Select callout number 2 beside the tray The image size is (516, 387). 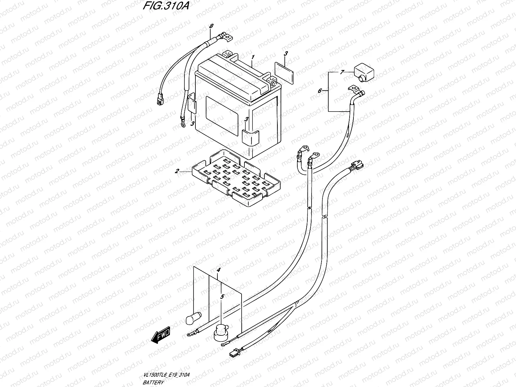tap(177, 171)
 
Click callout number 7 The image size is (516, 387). tap(342, 72)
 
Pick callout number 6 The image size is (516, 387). tap(320, 91)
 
